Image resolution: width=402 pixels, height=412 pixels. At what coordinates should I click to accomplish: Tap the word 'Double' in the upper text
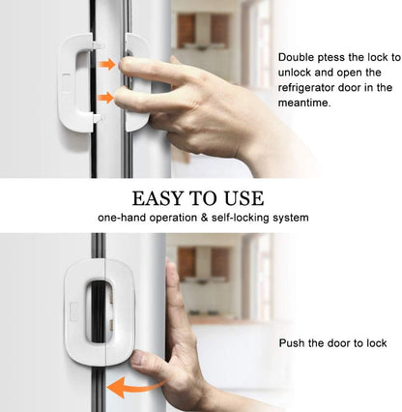296,58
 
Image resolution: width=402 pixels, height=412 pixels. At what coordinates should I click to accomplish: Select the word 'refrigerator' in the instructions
309,87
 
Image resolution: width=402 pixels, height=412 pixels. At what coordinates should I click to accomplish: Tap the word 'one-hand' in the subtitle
122,219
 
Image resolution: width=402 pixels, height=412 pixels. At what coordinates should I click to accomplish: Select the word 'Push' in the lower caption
293,343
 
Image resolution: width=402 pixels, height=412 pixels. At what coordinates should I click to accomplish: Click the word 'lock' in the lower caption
375,343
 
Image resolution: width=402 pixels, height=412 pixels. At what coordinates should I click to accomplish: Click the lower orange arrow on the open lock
104,98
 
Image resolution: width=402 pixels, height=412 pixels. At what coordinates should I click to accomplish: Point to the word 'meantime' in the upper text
306,102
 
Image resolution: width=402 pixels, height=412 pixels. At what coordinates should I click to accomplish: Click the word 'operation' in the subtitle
174,219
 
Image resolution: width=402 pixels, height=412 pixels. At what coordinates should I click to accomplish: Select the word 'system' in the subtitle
290,219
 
